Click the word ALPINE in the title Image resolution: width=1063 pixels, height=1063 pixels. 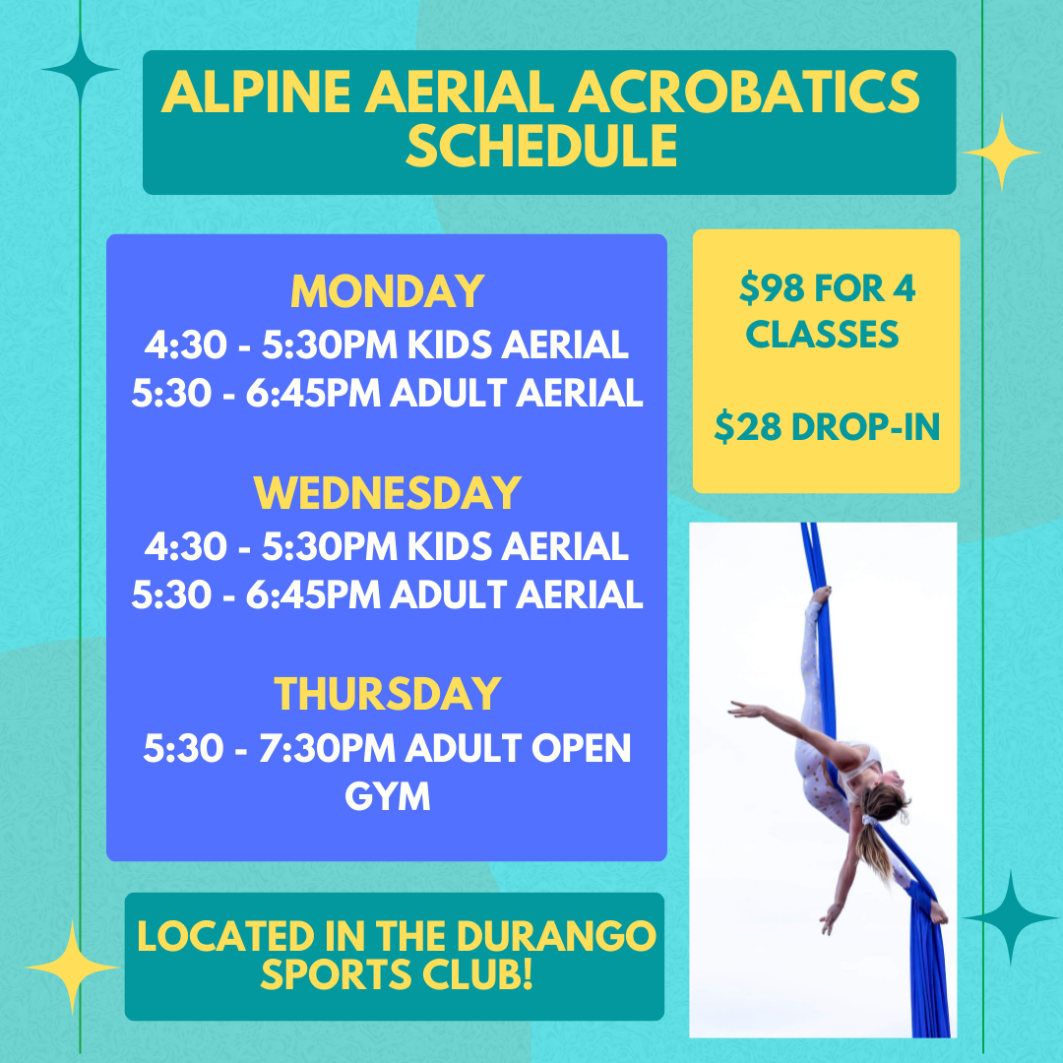(x=256, y=92)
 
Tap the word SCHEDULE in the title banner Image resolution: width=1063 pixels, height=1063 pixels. (x=541, y=146)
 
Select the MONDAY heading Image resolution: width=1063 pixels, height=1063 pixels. (x=387, y=291)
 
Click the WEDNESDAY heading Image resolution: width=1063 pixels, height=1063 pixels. (x=387, y=493)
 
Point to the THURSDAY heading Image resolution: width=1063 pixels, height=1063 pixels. (x=387, y=694)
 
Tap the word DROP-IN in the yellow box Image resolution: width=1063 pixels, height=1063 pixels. (x=865, y=427)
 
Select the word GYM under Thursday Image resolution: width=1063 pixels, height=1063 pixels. (x=387, y=796)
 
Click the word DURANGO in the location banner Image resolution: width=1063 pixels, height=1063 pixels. (x=556, y=936)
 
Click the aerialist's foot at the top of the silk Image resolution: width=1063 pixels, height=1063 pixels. (x=822, y=594)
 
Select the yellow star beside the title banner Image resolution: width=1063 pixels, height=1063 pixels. (x=1001, y=153)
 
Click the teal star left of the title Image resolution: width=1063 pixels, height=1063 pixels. (x=80, y=69)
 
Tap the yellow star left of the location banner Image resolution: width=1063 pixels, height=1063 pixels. (x=72, y=968)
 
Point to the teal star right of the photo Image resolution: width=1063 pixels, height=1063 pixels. (x=1010, y=918)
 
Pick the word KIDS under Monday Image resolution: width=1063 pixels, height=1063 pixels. (x=450, y=344)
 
